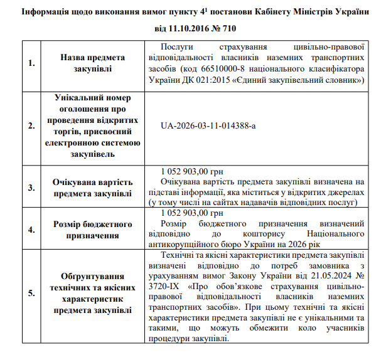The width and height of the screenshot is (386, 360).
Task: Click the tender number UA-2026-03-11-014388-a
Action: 209,125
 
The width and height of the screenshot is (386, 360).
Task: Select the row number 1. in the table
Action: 32,63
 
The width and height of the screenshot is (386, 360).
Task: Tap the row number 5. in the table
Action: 32,293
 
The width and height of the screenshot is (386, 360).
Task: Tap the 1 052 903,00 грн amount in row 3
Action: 192,171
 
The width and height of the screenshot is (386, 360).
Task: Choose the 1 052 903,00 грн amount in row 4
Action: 192,214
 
